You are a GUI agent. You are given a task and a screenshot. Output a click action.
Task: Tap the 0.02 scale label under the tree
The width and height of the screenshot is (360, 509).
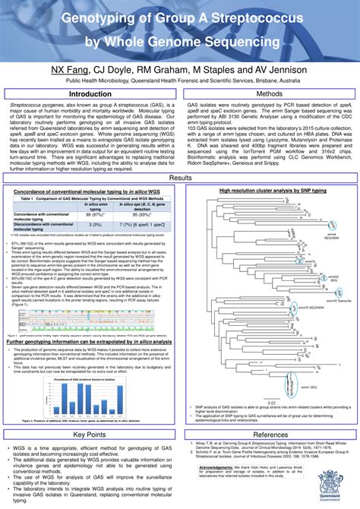[267, 381]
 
